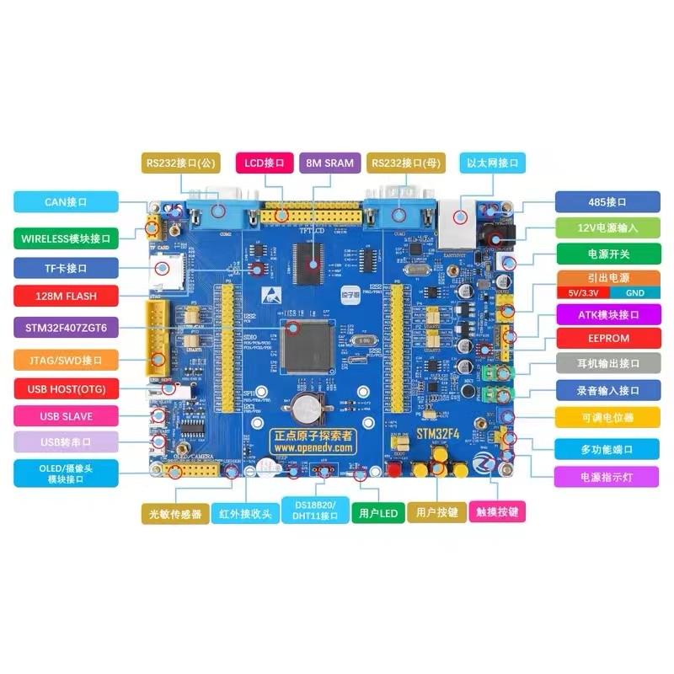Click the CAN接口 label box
tap(67, 202)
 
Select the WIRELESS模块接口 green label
tap(67, 238)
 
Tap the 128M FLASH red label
tap(67, 297)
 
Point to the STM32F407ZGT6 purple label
tap(67, 327)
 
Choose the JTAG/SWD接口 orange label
tap(67, 360)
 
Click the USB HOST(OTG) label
tap(67, 388)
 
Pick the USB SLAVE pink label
tap(67, 416)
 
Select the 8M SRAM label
tap(329, 163)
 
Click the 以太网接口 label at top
tap(492, 163)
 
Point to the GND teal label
tap(634, 292)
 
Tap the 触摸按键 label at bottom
tap(500, 511)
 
